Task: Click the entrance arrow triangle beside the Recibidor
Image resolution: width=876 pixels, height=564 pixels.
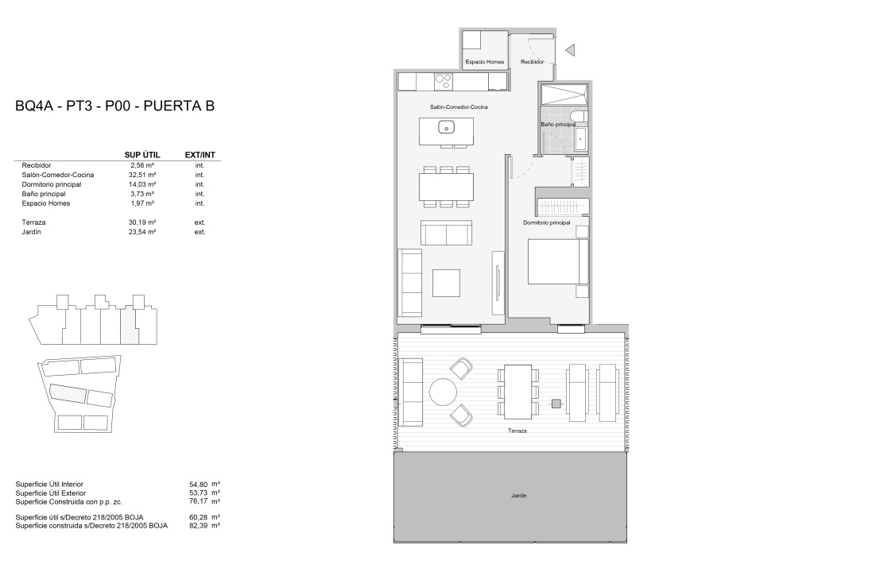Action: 571,50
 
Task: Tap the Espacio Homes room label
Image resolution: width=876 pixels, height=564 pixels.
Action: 485,62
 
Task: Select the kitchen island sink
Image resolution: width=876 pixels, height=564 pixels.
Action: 447,127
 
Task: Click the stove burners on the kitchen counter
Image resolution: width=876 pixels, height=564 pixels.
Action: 444,82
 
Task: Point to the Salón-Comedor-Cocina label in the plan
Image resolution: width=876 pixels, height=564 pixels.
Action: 459,106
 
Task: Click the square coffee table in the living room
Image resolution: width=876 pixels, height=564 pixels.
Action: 447,283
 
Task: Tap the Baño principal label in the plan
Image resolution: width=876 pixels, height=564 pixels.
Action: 557,125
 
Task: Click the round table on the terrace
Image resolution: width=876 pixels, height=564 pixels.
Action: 444,392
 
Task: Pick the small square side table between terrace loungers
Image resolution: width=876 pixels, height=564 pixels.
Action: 556,404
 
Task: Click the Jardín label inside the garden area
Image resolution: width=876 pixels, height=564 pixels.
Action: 519,496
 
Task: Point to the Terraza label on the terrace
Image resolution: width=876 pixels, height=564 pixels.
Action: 517,431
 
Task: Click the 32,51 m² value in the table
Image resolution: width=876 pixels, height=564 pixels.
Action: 142,175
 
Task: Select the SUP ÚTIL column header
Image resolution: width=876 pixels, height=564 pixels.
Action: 142,155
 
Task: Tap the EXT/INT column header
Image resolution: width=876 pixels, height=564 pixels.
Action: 200,155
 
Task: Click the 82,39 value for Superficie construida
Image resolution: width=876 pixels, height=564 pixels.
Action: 198,525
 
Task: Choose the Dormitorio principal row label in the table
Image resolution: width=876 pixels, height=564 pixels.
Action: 52,184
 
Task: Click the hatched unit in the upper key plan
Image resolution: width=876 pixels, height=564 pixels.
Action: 130,326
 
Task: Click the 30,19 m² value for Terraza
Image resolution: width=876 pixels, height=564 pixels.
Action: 142,222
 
